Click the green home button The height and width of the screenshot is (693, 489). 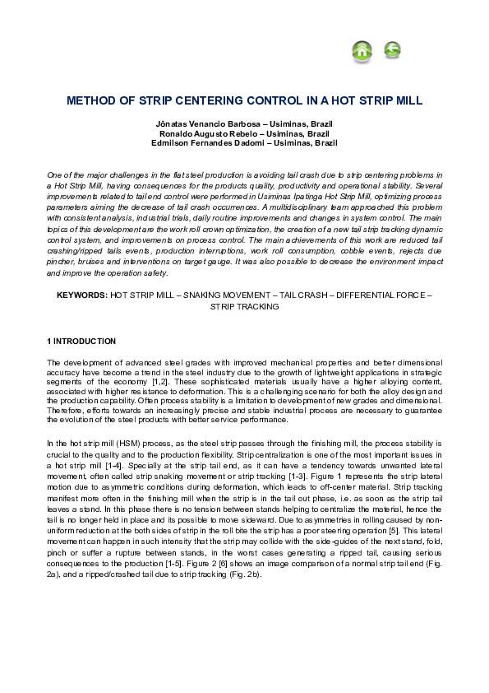click(x=362, y=51)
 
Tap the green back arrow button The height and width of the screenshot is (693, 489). click(x=392, y=51)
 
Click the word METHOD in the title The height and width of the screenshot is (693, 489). click(x=94, y=101)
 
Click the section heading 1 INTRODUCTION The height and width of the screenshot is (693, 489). click(x=81, y=341)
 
